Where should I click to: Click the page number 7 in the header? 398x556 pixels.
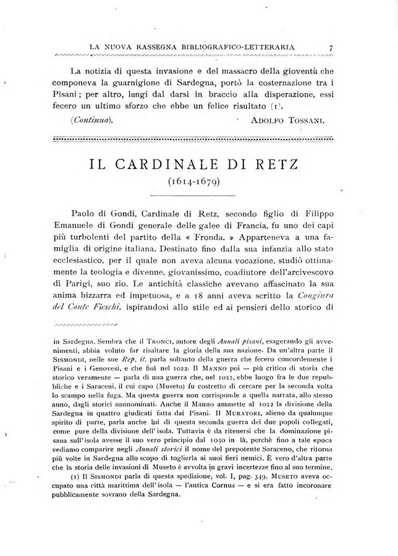pos(332,47)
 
